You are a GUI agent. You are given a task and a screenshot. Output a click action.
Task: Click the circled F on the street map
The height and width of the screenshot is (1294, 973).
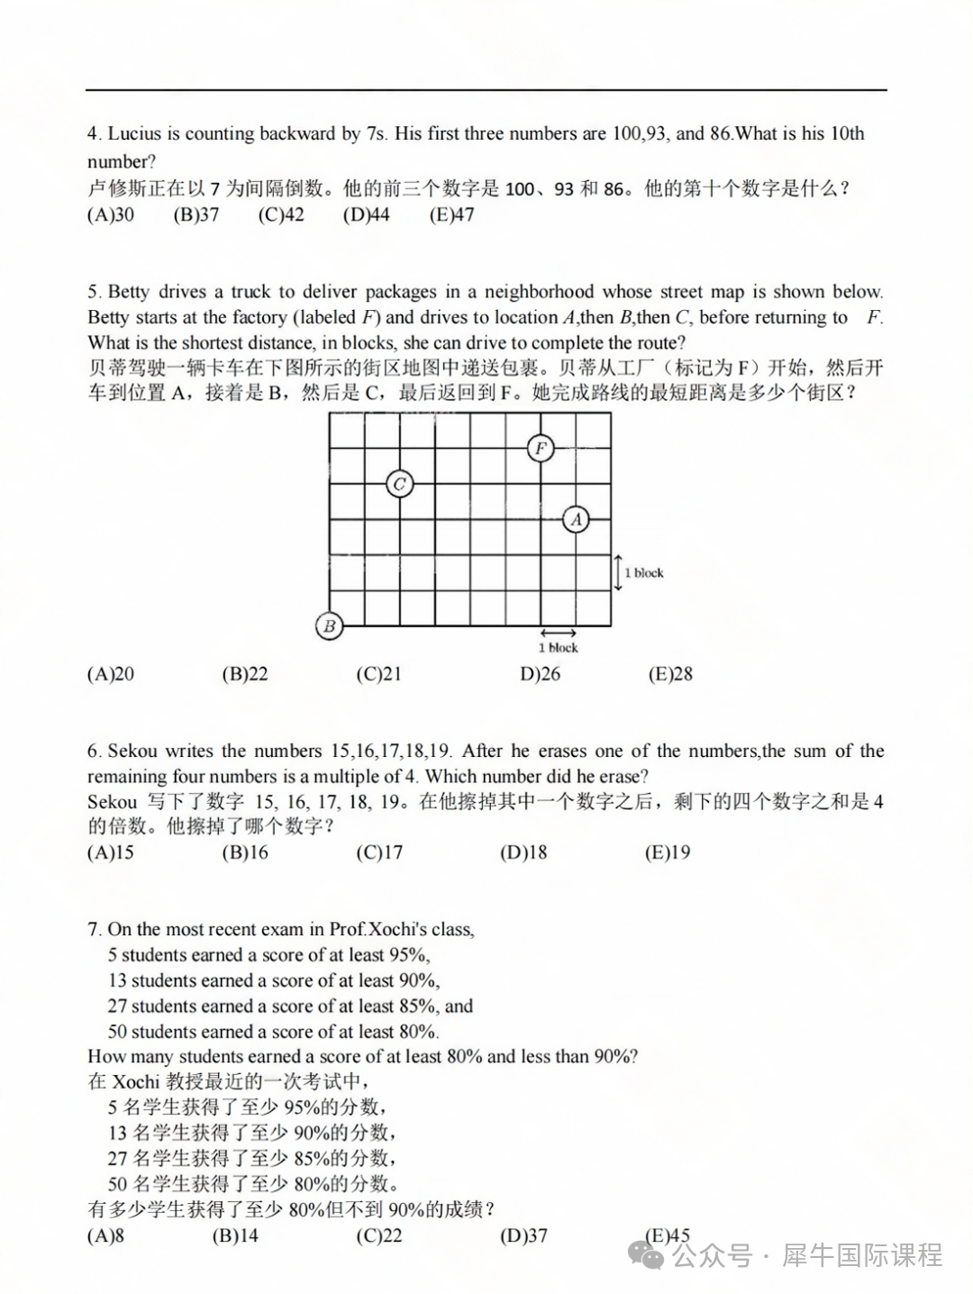[x=541, y=448]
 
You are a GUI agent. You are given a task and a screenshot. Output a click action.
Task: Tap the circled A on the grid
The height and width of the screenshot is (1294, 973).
[x=576, y=519]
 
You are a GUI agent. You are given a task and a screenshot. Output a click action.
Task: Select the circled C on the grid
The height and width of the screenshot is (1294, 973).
[x=400, y=484]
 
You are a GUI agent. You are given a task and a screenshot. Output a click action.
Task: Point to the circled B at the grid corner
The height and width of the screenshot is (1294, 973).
[x=329, y=625]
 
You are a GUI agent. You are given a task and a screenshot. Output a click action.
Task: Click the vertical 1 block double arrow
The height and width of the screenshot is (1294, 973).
[x=618, y=572]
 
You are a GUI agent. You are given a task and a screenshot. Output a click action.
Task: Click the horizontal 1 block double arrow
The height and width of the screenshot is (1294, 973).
[x=559, y=633]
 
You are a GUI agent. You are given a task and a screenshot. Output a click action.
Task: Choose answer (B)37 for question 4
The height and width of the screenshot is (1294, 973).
[x=196, y=214]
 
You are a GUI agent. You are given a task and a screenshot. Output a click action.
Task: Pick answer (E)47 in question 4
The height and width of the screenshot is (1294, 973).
[x=451, y=214]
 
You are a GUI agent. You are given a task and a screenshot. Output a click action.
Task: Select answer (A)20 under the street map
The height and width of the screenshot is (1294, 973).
[x=111, y=674]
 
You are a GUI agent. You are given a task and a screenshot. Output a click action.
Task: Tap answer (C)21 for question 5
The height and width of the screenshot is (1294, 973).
[x=378, y=674]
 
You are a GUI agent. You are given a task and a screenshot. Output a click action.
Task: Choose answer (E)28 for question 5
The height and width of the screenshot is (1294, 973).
[x=670, y=674]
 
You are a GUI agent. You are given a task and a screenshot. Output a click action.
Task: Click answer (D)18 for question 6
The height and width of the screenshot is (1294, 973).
[x=523, y=852]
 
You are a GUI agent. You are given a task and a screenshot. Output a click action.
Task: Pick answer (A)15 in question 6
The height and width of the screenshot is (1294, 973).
[x=111, y=852]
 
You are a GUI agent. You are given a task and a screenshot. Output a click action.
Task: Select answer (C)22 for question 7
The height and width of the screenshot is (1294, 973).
[x=378, y=1235]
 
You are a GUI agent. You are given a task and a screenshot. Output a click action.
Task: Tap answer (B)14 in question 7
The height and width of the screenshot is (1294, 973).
[x=235, y=1235]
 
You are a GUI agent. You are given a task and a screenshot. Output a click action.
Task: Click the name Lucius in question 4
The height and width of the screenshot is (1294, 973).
[x=133, y=134]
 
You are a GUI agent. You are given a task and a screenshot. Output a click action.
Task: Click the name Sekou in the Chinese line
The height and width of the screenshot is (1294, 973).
[x=113, y=802]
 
